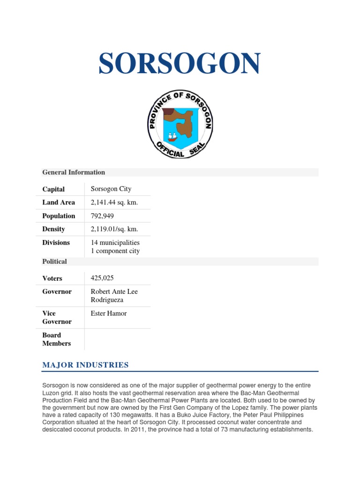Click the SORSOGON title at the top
[x=180, y=64]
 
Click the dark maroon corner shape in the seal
[x=168, y=113]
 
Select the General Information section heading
[x=74, y=172]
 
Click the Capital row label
[x=53, y=189]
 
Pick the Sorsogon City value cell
[x=111, y=189]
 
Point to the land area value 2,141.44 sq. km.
[x=114, y=202]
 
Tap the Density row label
[x=53, y=229]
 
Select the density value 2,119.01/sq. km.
[x=114, y=229]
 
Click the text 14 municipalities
[x=115, y=243]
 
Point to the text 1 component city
[x=115, y=251]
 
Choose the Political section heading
[x=54, y=262]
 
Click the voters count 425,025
[x=103, y=278]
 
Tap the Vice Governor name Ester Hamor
[x=108, y=314]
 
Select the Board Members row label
[x=56, y=339]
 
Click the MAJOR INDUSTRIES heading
[x=85, y=365]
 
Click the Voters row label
[x=52, y=278]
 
